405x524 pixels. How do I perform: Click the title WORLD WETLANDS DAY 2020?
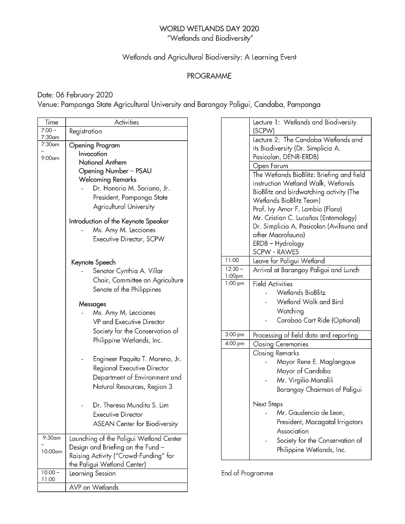click(209, 29)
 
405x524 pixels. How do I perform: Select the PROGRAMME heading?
click(209, 76)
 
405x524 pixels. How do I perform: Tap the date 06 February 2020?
click(84, 95)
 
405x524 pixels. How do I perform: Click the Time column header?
click(51, 122)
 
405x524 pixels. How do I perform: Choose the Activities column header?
click(126, 122)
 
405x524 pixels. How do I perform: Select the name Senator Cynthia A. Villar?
click(128, 271)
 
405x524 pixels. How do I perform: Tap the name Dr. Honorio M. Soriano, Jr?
click(131, 189)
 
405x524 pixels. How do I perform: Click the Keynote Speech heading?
click(93, 263)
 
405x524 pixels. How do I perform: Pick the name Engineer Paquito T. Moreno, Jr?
click(137, 359)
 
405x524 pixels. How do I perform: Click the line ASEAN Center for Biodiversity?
click(135, 424)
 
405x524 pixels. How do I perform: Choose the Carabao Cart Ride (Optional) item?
click(318, 320)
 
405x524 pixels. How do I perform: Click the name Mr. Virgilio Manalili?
click(305, 380)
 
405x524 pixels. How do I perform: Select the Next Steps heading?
click(268, 404)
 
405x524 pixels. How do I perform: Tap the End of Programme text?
click(247, 473)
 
